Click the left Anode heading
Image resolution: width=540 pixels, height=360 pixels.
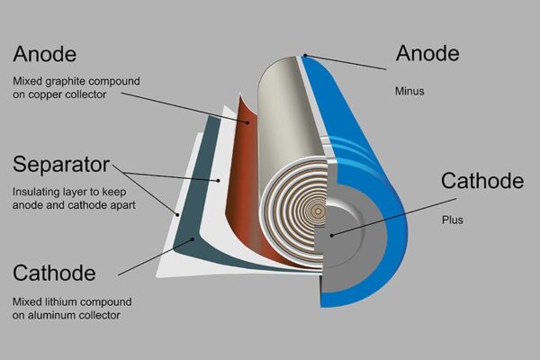click(46, 55)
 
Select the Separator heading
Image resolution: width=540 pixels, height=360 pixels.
click(61, 166)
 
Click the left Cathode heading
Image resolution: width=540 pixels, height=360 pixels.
click(54, 274)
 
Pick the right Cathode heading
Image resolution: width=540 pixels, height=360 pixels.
click(481, 181)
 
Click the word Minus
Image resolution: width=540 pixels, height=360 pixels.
click(409, 91)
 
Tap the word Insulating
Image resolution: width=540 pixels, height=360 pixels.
click(35, 193)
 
